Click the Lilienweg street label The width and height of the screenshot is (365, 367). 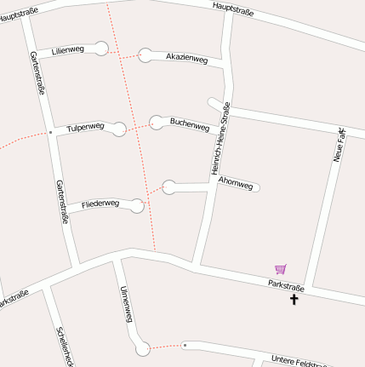click(68, 50)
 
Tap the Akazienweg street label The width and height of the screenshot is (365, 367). click(186, 58)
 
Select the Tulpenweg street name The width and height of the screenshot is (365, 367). click(85, 127)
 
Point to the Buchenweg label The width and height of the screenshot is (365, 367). click(190, 125)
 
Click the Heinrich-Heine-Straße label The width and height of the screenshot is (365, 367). click(220, 139)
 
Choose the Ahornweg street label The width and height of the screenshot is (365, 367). click(236, 183)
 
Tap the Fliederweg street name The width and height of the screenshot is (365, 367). click(100, 205)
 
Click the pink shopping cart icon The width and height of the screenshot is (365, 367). click(281, 269)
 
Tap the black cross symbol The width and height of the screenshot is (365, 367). click(295, 299)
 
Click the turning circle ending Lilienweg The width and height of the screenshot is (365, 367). click(101, 48)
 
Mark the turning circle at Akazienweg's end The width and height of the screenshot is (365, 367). click(145, 55)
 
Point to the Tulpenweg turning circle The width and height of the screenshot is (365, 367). click(119, 129)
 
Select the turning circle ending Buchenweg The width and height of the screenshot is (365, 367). click(157, 122)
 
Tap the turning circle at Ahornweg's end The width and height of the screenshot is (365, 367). click(168, 187)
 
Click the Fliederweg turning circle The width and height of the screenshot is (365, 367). click(137, 205)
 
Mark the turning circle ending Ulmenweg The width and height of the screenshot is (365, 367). click(143, 348)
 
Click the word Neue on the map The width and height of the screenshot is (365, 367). click(339, 152)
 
